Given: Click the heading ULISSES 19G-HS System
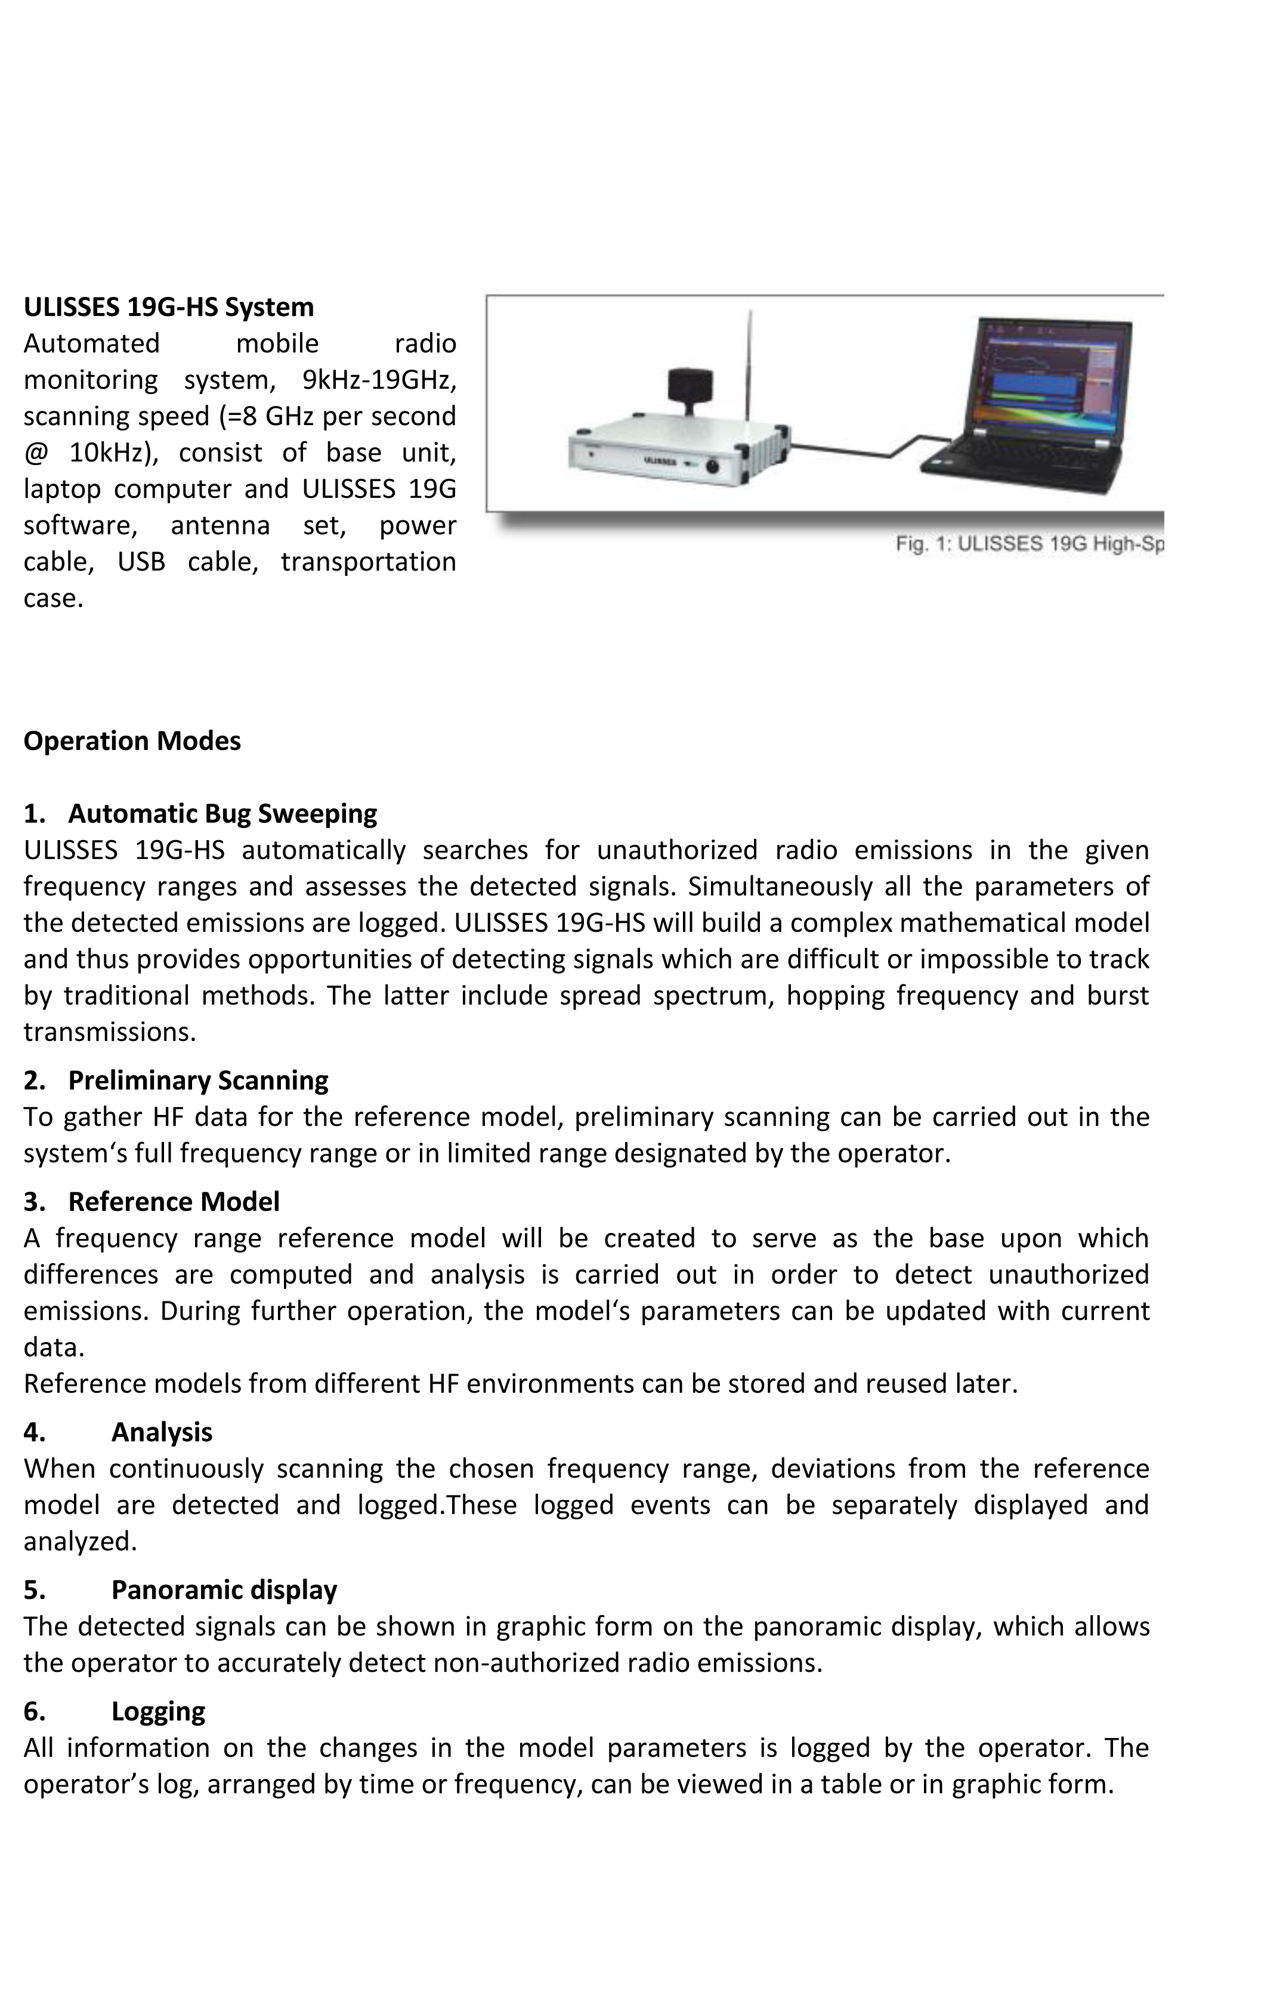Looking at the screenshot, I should click(x=169, y=307).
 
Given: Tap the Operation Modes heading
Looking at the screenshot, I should click(x=132, y=741).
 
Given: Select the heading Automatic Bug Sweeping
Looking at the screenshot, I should click(x=222, y=813).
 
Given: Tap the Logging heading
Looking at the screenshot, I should click(x=158, y=1711).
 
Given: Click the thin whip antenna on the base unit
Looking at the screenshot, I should click(x=749, y=367).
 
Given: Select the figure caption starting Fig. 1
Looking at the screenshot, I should click(x=1029, y=544).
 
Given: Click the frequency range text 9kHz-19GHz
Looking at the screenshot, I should click(x=378, y=380).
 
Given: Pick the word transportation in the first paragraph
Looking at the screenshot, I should click(x=367, y=562).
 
